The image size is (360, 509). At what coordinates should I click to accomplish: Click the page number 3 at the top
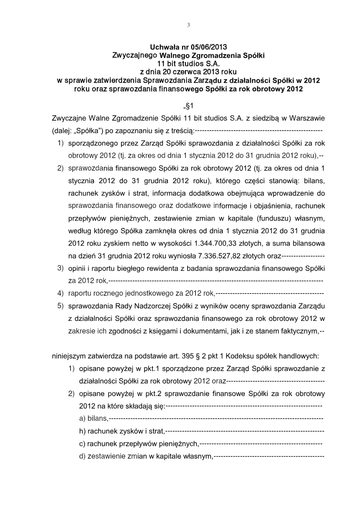[189, 25]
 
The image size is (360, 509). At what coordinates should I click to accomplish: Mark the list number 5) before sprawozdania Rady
[59, 306]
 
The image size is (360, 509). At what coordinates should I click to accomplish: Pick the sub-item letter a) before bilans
[82, 419]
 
